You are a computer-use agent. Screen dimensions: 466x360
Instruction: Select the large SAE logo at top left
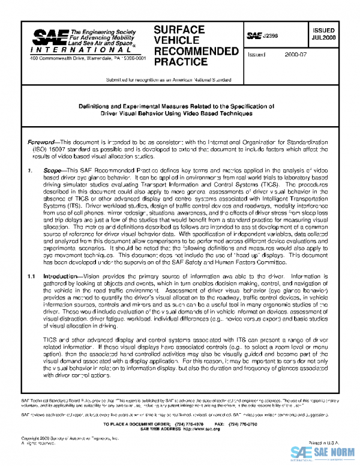pyautogui.click(x=49, y=37)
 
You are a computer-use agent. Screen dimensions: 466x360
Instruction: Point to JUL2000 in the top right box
pyautogui.click(x=325, y=37)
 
